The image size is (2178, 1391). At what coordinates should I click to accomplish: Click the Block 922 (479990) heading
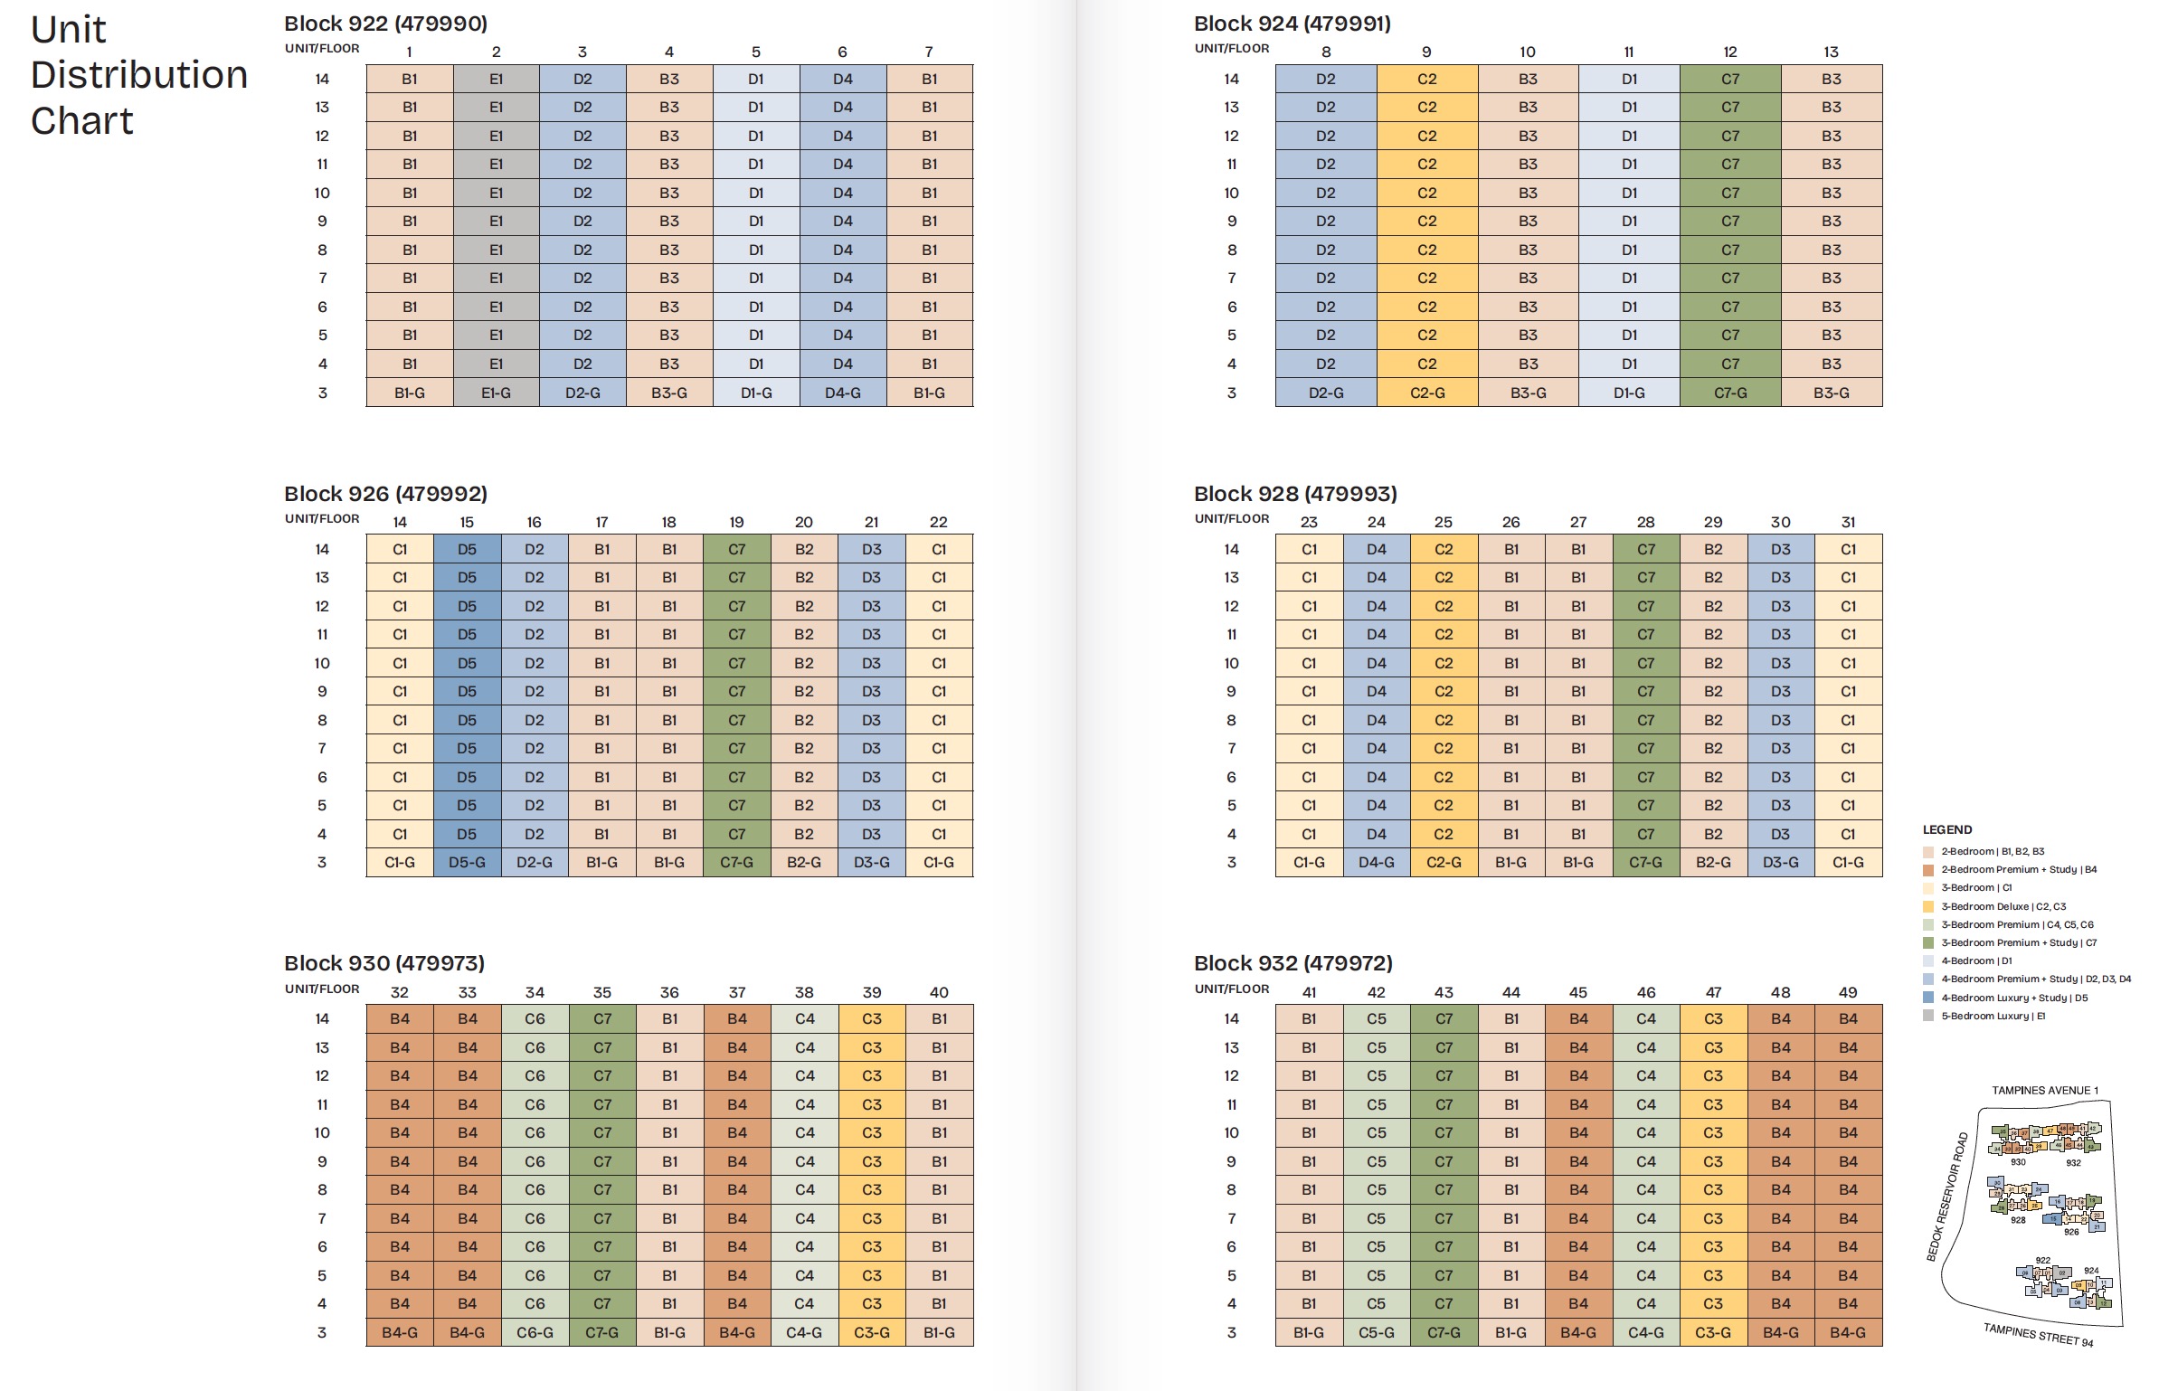coord(385,24)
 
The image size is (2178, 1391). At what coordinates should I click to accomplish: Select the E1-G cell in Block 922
coord(496,393)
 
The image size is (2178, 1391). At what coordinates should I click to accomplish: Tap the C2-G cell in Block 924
coord(1426,393)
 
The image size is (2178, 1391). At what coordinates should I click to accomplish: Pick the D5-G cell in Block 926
coord(467,863)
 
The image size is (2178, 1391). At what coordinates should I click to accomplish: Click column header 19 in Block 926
coord(736,523)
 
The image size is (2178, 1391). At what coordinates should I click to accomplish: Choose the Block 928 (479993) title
coord(1295,494)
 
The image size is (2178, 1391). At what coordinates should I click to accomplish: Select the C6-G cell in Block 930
coord(535,1333)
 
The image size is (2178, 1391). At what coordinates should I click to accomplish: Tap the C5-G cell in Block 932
coord(1376,1333)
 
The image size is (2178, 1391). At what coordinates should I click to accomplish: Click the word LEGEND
coord(1946,830)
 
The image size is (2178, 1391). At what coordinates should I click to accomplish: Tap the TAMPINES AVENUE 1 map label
coord(2044,1091)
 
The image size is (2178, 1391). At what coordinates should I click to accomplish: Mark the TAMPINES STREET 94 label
coord(2038,1335)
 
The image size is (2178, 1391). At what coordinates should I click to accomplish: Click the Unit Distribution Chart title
coord(138,75)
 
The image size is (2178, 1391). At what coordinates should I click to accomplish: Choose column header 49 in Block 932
coord(1848,993)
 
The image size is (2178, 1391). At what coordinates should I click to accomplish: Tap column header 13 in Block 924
coord(1831,52)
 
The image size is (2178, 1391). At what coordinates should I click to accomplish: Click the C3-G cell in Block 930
coord(871,1333)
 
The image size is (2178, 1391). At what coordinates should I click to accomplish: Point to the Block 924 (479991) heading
coord(1292,24)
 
